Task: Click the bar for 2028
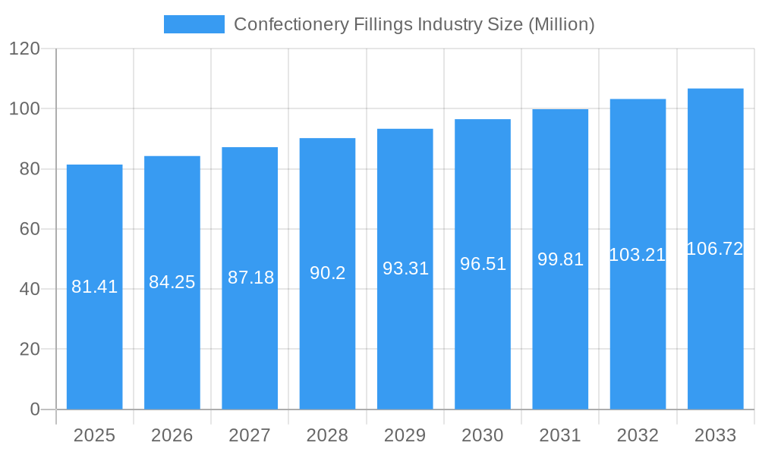click(x=327, y=341)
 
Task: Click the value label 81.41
click(x=94, y=287)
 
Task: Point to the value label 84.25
click(x=172, y=282)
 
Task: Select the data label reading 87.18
click(x=250, y=278)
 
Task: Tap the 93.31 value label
click(x=405, y=268)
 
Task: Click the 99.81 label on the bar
click(x=560, y=259)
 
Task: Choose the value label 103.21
click(x=638, y=255)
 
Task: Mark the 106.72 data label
click(x=715, y=249)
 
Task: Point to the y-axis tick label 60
click(x=29, y=229)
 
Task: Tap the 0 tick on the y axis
click(x=35, y=409)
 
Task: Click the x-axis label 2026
click(x=172, y=435)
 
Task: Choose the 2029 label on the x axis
click(x=405, y=435)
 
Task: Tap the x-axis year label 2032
click(x=638, y=435)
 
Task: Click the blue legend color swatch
click(x=194, y=24)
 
